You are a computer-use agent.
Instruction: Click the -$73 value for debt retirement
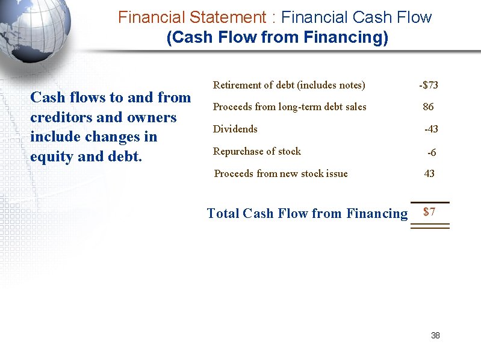click(429, 85)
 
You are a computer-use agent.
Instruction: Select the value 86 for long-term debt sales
click(428, 107)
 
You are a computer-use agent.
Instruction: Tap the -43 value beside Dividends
click(431, 129)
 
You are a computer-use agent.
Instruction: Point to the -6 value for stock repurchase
click(432, 153)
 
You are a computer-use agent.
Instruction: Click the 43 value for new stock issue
click(429, 174)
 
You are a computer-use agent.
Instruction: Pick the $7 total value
click(429, 212)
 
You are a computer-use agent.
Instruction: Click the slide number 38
click(435, 335)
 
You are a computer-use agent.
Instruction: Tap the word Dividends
click(235, 129)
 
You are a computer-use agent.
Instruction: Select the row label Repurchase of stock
click(257, 151)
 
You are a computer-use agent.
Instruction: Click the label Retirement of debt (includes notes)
click(289, 85)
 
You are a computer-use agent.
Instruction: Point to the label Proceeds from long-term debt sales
click(290, 107)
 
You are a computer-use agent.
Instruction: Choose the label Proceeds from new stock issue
click(281, 174)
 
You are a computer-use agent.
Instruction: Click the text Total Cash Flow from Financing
click(307, 213)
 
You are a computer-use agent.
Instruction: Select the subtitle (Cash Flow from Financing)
click(277, 38)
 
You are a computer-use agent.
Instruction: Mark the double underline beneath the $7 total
click(430, 226)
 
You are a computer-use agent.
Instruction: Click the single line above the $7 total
click(430, 202)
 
